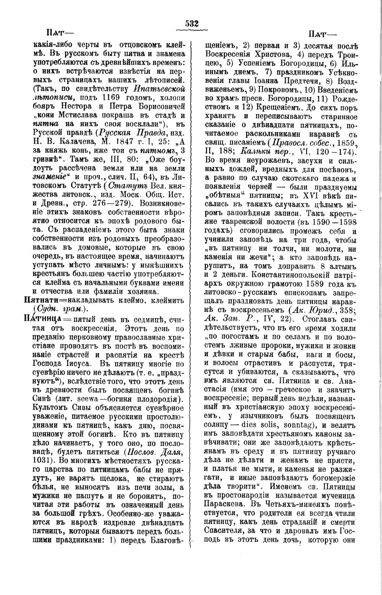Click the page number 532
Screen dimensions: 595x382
(x=191, y=24)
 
